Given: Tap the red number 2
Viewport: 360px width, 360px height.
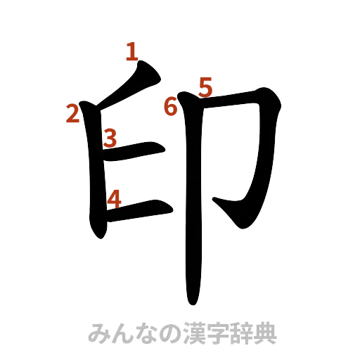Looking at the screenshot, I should pos(71,112).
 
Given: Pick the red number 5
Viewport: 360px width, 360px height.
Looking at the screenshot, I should pos(205,86).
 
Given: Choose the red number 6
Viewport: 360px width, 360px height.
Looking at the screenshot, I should pos(170,107).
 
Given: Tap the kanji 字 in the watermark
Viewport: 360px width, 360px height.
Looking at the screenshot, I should pos(219,333).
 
